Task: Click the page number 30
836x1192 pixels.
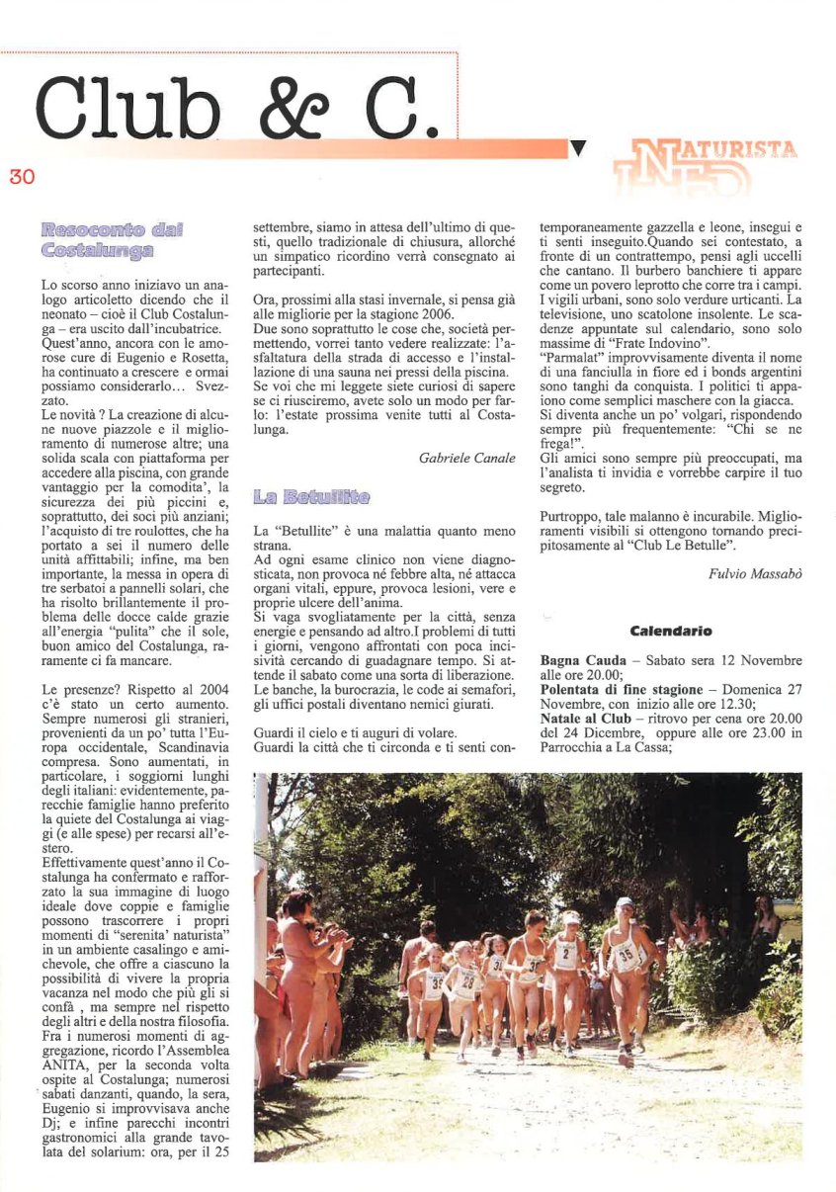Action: point(22,177)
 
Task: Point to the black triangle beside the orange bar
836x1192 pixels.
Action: point(579,149)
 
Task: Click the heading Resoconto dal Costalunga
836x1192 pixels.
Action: point(113,240)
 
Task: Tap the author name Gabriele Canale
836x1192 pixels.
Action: point(467,459)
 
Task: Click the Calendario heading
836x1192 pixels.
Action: point(670,631)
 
